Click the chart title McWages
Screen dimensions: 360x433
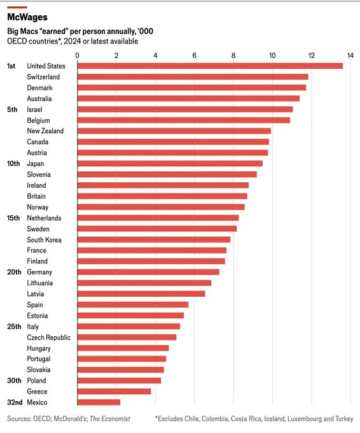pyautogui.click(x=27, y=17)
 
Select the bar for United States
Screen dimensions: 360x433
pyautogui.click(x=210, y=66)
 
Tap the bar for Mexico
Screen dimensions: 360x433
pyautogui.click(x=99, y=402)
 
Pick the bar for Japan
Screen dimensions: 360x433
pyautogui.click(x=170, y=164)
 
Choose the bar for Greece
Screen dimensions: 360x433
pyautogui.click(x=114, y=392)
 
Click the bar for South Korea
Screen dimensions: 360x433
pyautogui.click(x=154, y=239)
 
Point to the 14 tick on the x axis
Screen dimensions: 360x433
pyautogui.click(x=350, y=55)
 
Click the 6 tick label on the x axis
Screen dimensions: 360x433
pyautogui.click(x=194, y=55)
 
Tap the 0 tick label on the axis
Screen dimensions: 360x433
pyautogui.click(x=77, y=55)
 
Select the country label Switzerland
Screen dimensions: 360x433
pyautogui.click(x=43, y=77)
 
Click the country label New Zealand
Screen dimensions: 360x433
pyautogui.click(x=45, y=131)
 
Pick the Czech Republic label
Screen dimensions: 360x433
pyautogui.click(x=48, y=337)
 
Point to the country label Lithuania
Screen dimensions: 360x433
pyautogui.click(x=39, y=283)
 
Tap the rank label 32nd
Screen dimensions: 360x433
pyautogui.click(x=15, y=402)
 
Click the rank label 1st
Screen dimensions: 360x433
pyautogui.click(x=11, y=66)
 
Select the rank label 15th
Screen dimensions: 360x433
pyautogui.click(x=13, y=218)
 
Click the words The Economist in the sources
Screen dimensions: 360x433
pyautogui.click(x=110, y=419)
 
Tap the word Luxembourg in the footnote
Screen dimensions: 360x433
pyautogui.click(x=305, y=419)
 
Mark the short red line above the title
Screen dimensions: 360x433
pyautogui.click(x=17, y=7)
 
